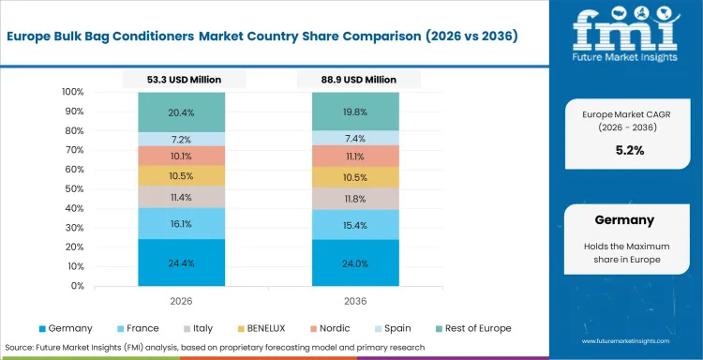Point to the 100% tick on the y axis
click(x=72, y=92)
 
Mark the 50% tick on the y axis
click(x=75, y=189)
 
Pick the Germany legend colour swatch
click(x=42, y=328)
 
